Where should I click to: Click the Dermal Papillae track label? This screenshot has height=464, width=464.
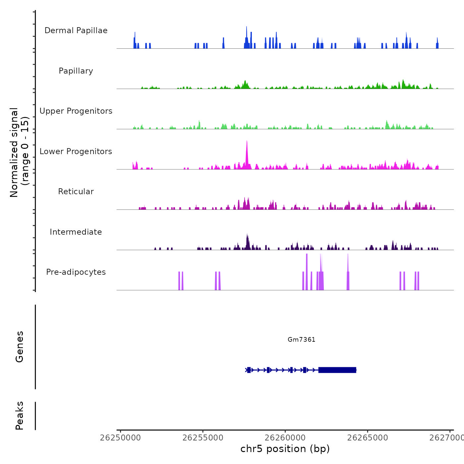click(x=76, y=30)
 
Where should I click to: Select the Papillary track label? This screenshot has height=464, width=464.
click(x=76, y=71)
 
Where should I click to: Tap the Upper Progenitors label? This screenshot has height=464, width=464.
click(x=76, y=111)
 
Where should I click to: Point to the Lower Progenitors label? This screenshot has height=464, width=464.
click(x=76, y=151)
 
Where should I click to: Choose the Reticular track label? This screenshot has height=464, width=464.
click(x=76, y=192)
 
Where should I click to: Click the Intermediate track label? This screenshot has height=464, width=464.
click(x=76, y=232)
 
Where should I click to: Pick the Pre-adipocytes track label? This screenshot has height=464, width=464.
click(x=76, y=272)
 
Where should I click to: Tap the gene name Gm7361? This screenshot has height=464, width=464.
click(x=301, y=339)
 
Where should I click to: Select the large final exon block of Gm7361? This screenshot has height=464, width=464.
click(x=337, y=370)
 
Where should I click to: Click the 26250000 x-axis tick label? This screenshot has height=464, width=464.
click(x=120, y=438)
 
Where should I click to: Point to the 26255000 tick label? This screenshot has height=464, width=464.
click(x=203, y=438)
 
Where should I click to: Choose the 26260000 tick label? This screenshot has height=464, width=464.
click(x=285, y=438)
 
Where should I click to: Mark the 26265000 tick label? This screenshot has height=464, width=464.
click(x=368, y=438)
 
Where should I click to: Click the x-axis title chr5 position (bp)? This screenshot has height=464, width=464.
click(x=285, y=449)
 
